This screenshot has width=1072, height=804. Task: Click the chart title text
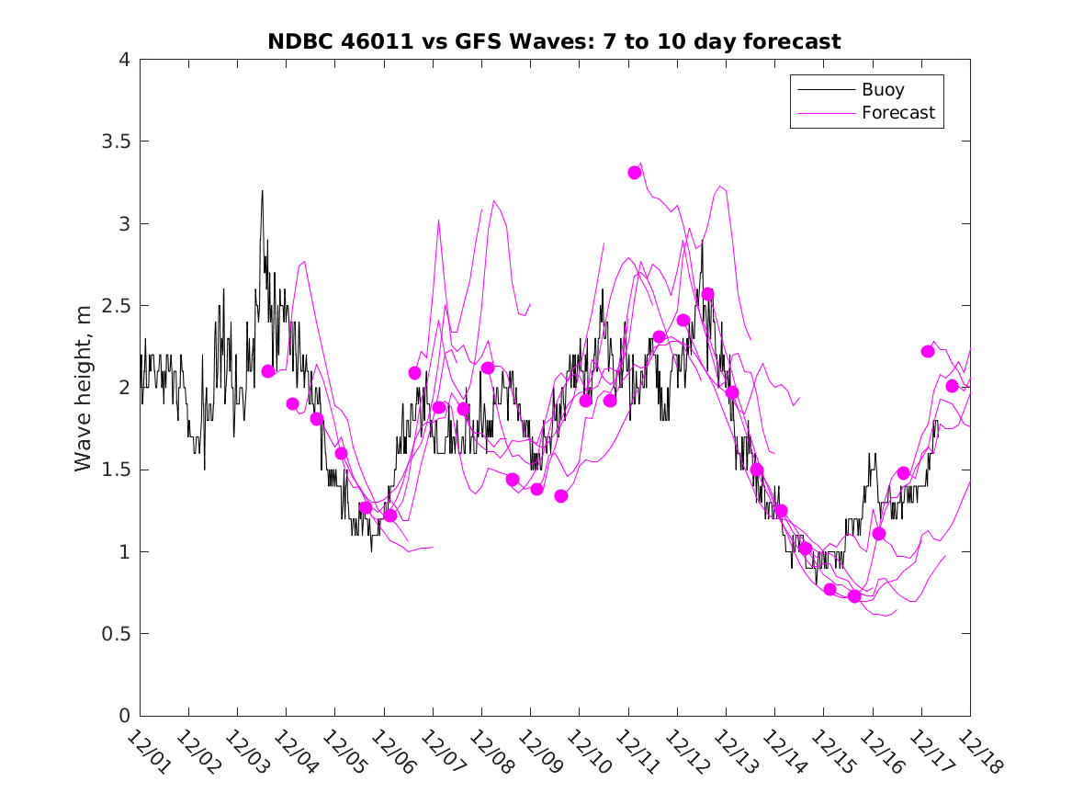point(554,41)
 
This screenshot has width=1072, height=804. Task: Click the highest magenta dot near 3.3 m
point(635,173)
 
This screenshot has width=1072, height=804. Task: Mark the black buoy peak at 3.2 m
point(262,192)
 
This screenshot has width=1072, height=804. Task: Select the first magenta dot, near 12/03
point(268,371)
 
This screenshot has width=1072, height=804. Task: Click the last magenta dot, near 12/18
point(953,386)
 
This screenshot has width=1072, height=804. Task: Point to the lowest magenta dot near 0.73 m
point(854,596)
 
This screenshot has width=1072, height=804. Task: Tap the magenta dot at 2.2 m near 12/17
point(928,351)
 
